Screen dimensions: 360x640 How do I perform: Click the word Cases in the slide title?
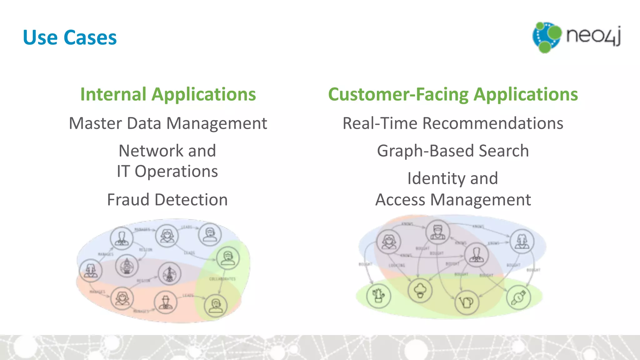tap(90, 38)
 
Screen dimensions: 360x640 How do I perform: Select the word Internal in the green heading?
tap(113, 94)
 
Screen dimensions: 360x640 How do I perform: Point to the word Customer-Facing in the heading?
tap(398, 94)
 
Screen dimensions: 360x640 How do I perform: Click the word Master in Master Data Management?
tap(95, 123)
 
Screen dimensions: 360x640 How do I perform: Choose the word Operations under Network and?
tap(176, 172)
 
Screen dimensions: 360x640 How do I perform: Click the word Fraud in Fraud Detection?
tap(128, 200)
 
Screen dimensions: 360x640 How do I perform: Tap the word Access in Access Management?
tap(400, 200)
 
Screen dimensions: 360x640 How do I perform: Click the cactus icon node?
tap(378, 295)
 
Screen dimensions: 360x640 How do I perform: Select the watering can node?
tap(467, 302)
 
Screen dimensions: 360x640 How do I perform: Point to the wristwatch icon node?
tap(518, 297)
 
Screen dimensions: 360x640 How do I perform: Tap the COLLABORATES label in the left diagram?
tap(222, 279)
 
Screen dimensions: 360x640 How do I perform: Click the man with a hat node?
tap(166, 302)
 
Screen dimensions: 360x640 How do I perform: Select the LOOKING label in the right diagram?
tap(397, 265)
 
